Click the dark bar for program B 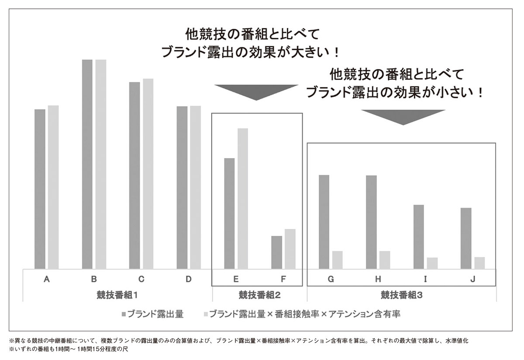pyautogui.click(x=87, y=164)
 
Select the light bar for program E pyautogui.click(x=242, y=199)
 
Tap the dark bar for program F pyautogui.click(x=276, y=253)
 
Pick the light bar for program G pyautogui.click(x=337, y=260)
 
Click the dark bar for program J pyautogui.click(x=466, y=239)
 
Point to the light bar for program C pyautogui.click(x=148, y=174)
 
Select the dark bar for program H pyautogui.click(x=371, y=222)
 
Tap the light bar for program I pyautogui.click(x=432, y=263)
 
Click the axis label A pyautogui.click(x=47, y=279)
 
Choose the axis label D pyautogui.click(x=189, y=279)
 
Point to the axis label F pyautogui.click(x=283, y=279)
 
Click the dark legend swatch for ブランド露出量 pyautogui.click(x=124, y=314)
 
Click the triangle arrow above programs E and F pyautogui.click(x=256, y=91)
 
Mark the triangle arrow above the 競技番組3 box pyautogui.click(x=403, y=116)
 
